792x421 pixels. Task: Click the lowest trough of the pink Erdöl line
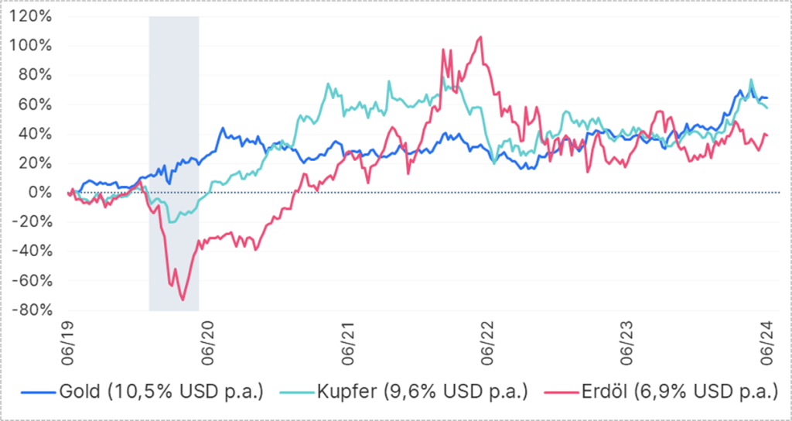point(183,299)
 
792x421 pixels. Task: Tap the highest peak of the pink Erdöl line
point(480,36)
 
